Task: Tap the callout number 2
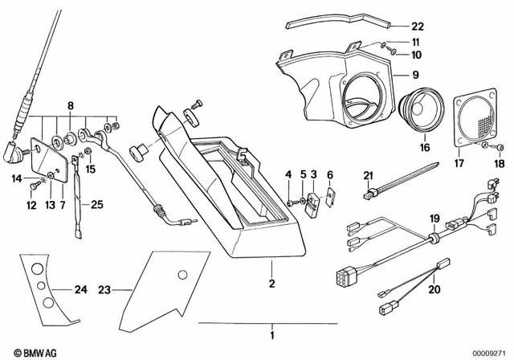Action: (x=271, y=284)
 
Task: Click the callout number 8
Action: (x=70, y=105)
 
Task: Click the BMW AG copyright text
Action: (x=24, y=351)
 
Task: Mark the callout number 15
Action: (x=91, y=170)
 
